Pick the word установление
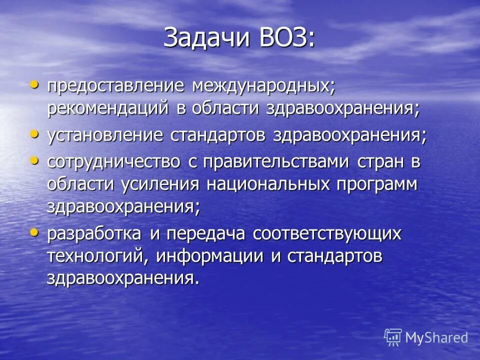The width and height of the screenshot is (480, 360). pyautogui.click(x=105, y=136)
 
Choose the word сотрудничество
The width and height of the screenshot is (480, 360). pyautogui.click(x=113, y=162)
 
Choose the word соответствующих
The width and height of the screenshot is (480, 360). pyautogui.click(x=327, y=233)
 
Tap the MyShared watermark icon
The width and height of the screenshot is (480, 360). pyautogui.click(x=393, y=337)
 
